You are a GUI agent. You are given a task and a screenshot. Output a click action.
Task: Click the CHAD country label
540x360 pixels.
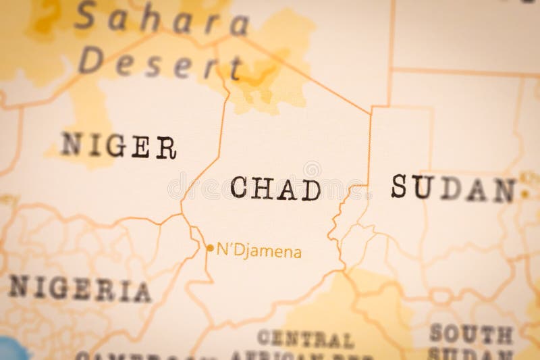(x=275, y=188)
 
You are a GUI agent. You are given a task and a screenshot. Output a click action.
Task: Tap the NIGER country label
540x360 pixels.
(x=119, y=145)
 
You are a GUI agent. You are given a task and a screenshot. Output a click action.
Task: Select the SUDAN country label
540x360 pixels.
(x=454, y=188)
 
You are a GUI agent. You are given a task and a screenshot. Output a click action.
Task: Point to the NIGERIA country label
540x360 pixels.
(x=79, y=289)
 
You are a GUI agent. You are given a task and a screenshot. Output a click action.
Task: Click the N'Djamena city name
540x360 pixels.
(x=259, y=252)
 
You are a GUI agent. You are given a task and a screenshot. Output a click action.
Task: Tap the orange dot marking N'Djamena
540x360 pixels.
(x=209, y=248)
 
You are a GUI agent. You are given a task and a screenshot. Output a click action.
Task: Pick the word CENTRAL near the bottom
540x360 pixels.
(x=305, y=338)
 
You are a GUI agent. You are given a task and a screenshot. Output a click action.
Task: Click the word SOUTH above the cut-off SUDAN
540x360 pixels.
(x=472, y=334)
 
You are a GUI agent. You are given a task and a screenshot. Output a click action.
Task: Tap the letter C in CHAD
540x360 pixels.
(x=239, y=187)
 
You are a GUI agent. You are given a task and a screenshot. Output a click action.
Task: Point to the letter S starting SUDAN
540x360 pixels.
(x=399, y=186)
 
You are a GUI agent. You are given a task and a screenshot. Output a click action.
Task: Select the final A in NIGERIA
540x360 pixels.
(x=142, y=292)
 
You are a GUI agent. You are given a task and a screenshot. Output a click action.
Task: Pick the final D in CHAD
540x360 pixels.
(x=310, y=190)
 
